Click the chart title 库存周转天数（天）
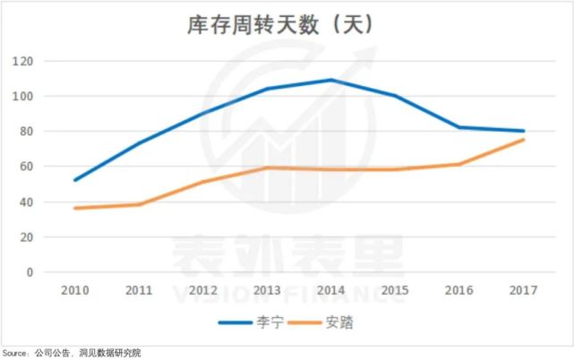[287, 24]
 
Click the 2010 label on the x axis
[75, 291]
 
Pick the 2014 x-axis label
[331, 291]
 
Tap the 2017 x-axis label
[524, 291]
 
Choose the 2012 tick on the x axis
[203, 291]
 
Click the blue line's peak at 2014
[331, 80]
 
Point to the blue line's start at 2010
[75, 180]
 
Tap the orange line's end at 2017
[524, 140]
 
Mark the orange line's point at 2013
[268, 167]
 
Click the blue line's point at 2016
[459, 127]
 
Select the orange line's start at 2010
[75, 208]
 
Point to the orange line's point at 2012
[203, 182]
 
